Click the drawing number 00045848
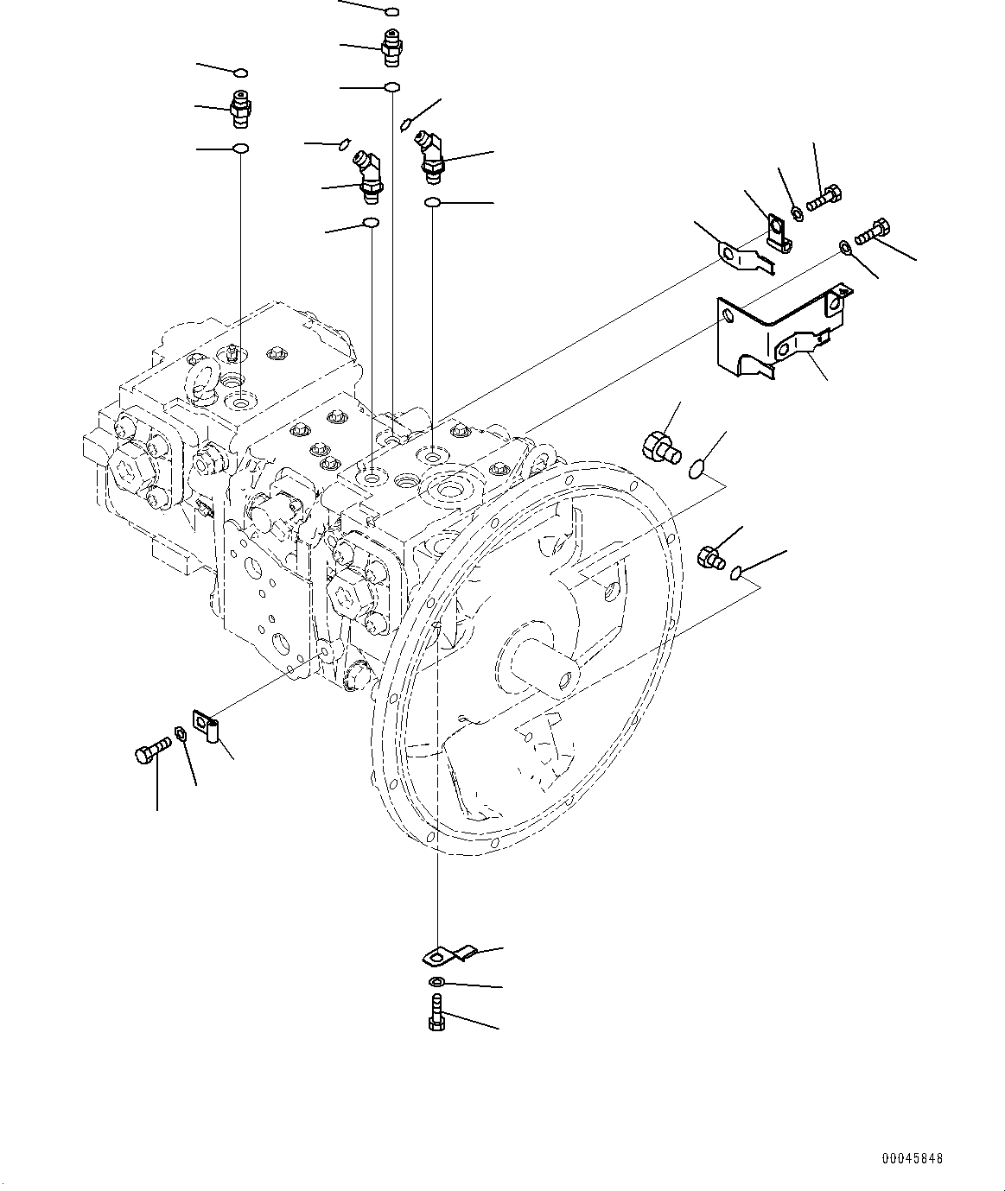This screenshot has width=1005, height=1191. click(913, 1158)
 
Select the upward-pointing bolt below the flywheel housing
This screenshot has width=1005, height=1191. click(436, 1012)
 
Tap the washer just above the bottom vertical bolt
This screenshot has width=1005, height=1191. click(436, 982)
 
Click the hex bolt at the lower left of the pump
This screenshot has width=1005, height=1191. click(149, 752)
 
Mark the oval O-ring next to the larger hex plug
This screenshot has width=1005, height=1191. click(698, 469)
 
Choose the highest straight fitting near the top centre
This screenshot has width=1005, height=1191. click(391, 48)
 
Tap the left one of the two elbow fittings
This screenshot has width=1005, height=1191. click(368, 174)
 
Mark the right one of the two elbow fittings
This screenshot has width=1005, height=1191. click(431, 155)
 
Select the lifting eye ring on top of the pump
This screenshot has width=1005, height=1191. click(205, 381)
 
